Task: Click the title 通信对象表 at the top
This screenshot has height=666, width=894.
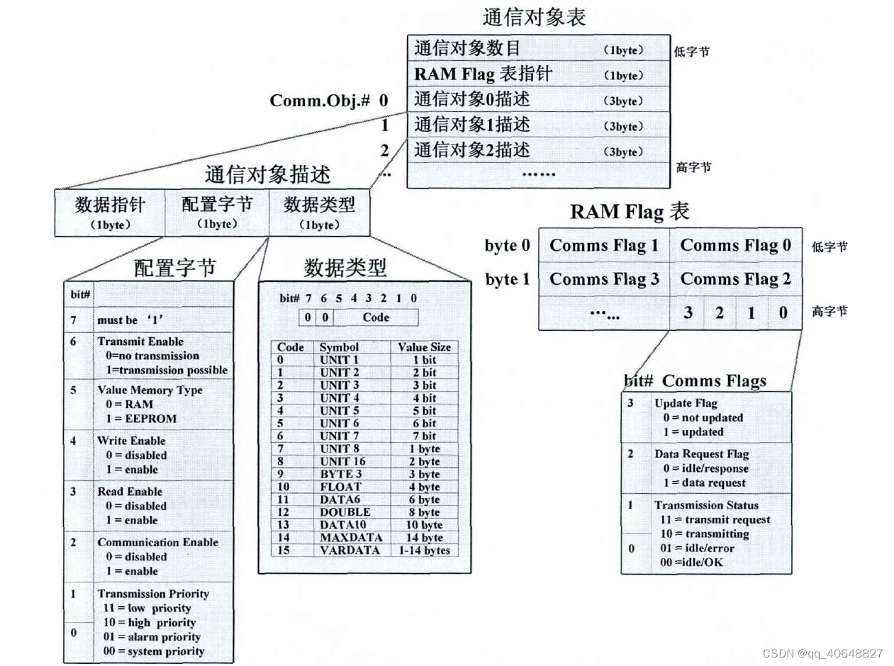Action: click(534, 17)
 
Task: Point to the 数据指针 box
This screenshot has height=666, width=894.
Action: click(110, 211)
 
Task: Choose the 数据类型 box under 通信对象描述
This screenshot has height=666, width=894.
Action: click(319, 211)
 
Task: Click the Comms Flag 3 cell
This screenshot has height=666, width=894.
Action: click(604, 279)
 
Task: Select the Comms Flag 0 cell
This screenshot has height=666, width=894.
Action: click(735, 245)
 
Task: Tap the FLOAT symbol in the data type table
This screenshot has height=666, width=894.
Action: click(340, 487)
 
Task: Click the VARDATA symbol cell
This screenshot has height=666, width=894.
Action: click(350, 551)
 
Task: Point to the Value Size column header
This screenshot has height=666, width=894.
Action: click(424, 347)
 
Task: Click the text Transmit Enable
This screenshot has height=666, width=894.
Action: click(140, 342)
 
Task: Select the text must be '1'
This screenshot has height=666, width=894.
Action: click(127, 320)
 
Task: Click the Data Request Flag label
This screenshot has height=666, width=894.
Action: click(701, 454)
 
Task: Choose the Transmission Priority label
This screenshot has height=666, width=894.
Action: click(152, 594)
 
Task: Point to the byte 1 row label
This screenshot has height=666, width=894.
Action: click(507, 279)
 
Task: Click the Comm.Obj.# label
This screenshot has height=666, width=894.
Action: click(320, 100)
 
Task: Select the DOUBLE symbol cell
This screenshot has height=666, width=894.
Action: click(345, 512)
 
